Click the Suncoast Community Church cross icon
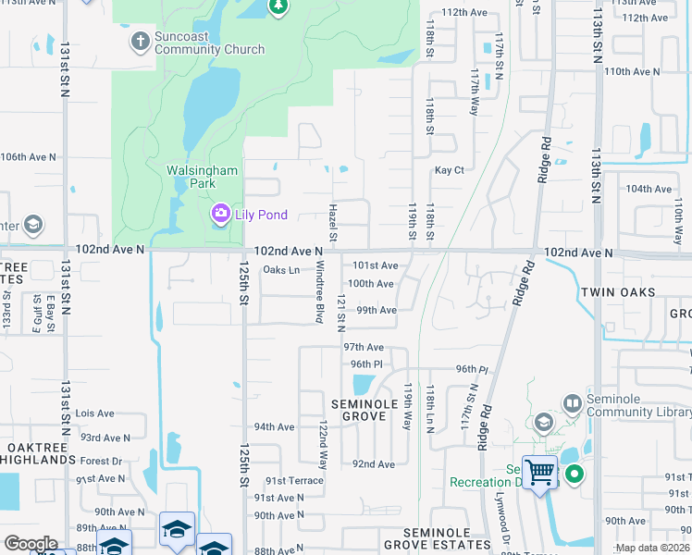click(140, 40)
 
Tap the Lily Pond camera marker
click(220, 215)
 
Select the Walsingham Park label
click(202, 177)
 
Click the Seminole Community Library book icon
click(572, 403)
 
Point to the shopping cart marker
click(539, 474)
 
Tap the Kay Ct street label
click(449, 170)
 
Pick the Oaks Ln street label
click(281, 270)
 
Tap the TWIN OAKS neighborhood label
click(618, 292)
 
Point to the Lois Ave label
click(94, 413)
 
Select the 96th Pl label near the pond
click(366, 364)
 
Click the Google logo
click(31, 544)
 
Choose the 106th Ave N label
click(28, 157)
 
